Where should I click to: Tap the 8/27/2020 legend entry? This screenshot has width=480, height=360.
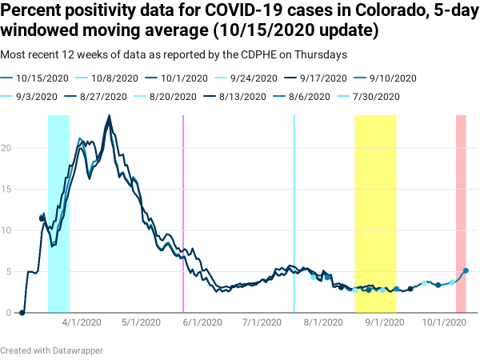[103, 96]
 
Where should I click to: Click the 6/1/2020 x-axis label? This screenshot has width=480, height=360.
[202, 323]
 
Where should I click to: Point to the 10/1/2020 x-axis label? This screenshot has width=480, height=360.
[444, 323]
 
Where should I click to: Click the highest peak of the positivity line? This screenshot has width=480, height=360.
[109, 117]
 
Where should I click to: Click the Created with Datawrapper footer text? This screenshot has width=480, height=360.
[52, 350]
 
